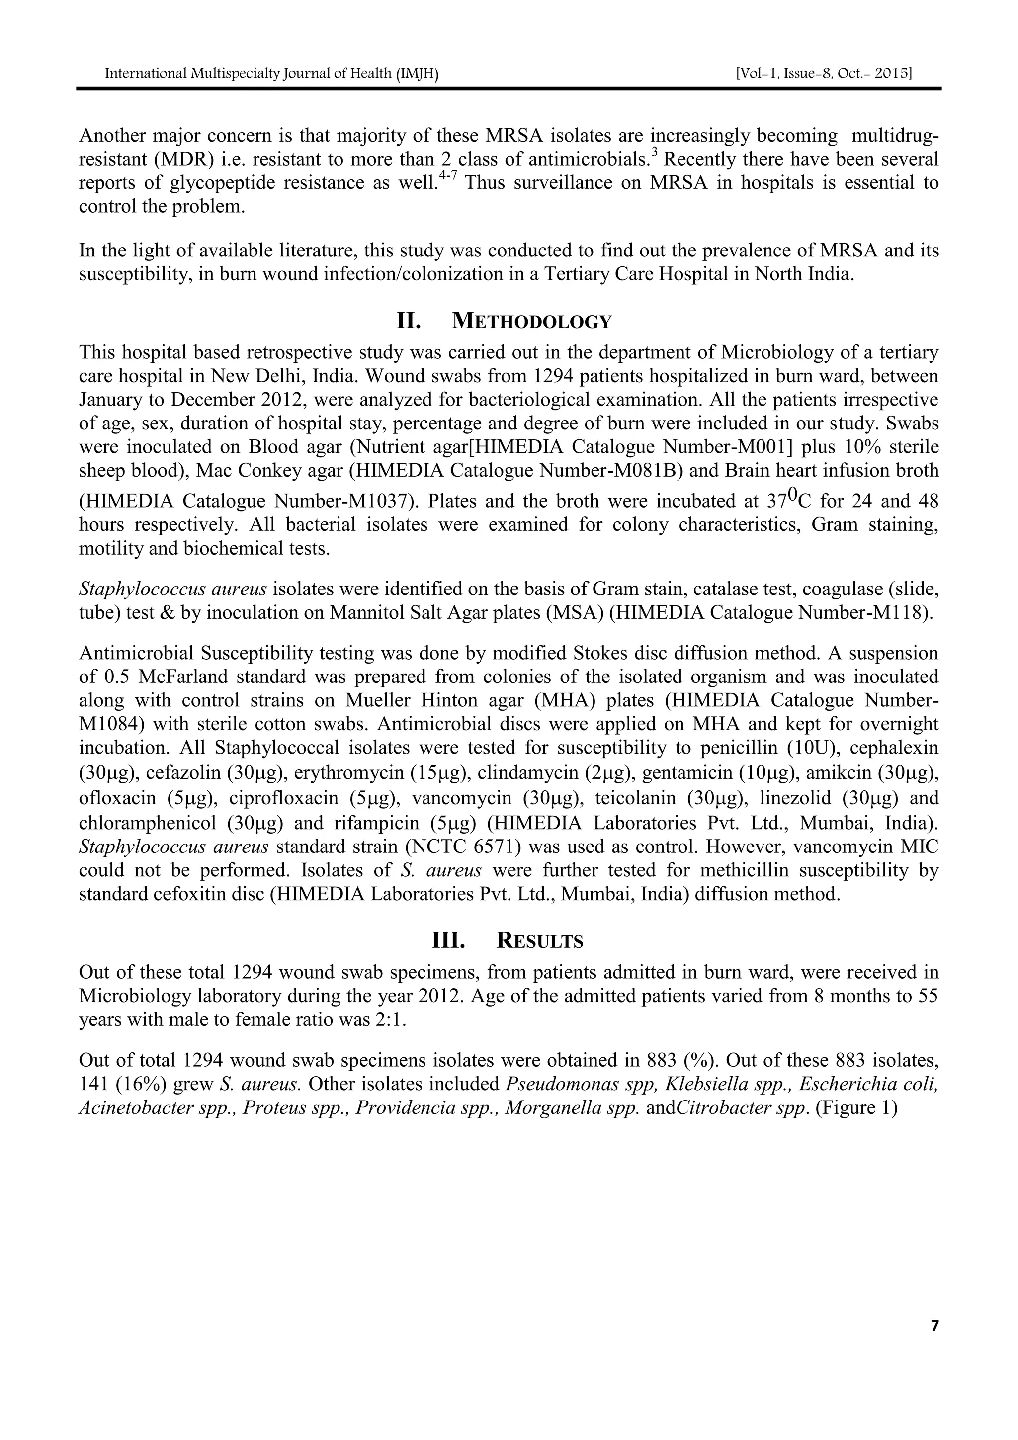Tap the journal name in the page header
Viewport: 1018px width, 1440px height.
pyautogui.click(x=271, y=74)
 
